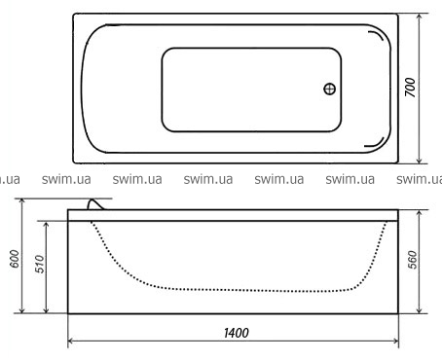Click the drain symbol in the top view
(x=330, y=89)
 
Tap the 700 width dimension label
(x=410, y=88)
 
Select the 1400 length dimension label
(x=237, y=333)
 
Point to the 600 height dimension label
(x=15, y=259)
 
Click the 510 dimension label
(x=39, y=264)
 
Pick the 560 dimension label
(x=412, y=260)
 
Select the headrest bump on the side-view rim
(x=96, y=205)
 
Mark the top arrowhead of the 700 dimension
(x=420, y=17)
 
